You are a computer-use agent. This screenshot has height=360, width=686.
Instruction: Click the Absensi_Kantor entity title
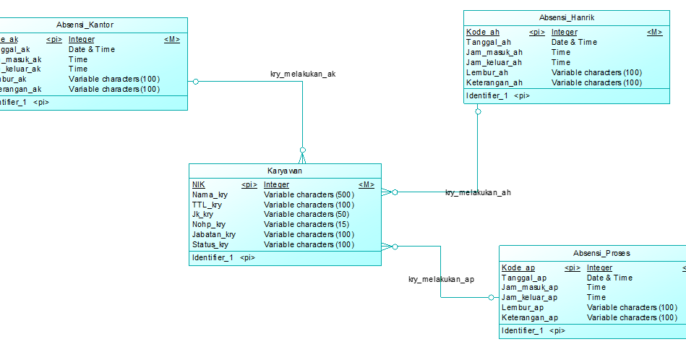tap(85, 25)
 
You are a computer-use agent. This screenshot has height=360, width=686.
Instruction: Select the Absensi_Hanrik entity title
tap(567, 17)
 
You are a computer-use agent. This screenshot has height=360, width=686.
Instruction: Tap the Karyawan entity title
tap(285, 171)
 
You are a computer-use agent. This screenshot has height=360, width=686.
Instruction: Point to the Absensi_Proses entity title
tap(601, 253)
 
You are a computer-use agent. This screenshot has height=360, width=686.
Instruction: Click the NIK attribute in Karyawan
tap(198, 184)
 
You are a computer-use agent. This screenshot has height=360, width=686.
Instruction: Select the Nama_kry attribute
tap(210, 194)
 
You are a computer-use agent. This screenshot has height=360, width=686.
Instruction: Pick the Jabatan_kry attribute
tap(213, 234)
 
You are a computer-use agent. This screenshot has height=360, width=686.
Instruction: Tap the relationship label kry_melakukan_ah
tap(478, 192)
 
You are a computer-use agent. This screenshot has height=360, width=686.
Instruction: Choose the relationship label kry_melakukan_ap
tap(441, 279)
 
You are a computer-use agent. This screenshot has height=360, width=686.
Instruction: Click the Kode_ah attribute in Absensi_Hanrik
tap(482, 32)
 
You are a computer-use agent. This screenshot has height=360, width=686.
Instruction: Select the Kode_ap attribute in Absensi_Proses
tap(518, 267)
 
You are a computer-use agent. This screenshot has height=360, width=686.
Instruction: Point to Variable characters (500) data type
tap(309, 194)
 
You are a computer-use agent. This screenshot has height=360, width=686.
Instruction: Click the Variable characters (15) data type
tap(306, 224)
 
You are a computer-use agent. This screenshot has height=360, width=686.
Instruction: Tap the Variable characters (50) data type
tap(306, 214)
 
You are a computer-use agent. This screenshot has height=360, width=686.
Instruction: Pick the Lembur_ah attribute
tap(486, 72)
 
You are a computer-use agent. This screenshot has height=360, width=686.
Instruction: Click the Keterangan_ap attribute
tap(529, 317)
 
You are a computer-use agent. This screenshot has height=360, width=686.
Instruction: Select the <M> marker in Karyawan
tap(366, 184)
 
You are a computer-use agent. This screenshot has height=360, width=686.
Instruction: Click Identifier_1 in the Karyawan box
tap(212, 257)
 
